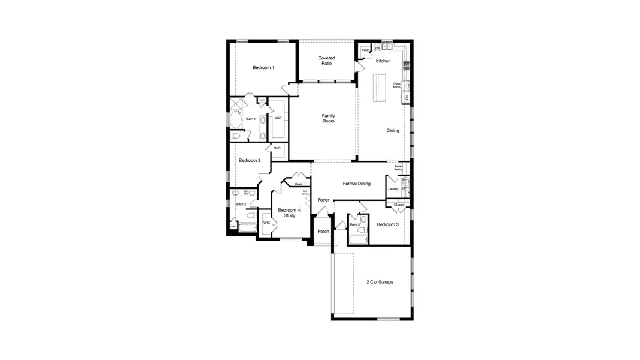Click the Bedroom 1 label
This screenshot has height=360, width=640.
(x=263, y=68)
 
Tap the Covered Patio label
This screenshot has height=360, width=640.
(x=326, y=61)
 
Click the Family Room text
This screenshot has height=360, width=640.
(x=328, y=118)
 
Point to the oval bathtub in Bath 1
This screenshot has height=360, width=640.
(x=235, y=120)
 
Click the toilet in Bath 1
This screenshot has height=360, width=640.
(x=235, y=137)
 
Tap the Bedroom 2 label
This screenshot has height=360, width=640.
(x=249, y=161)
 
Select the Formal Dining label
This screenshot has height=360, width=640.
(x=356, y=184)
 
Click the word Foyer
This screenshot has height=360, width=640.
(x=323, y=200)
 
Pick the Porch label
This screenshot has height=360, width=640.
(x=323, y=231)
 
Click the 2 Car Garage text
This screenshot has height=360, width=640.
(x=380, y=281)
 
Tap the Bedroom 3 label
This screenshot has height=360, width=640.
(x=387, y=224)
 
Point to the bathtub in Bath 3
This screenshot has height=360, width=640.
(x=357, y=241)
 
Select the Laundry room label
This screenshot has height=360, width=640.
(x=393, y=189)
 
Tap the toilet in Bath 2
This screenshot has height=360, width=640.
(x=253, y=214)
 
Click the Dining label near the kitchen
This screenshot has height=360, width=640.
(x=393, y=131)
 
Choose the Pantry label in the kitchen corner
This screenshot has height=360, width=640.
(x=365, y=50)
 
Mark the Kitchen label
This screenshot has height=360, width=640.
(x=383, y=61)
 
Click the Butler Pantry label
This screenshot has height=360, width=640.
(x=398, y=167)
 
